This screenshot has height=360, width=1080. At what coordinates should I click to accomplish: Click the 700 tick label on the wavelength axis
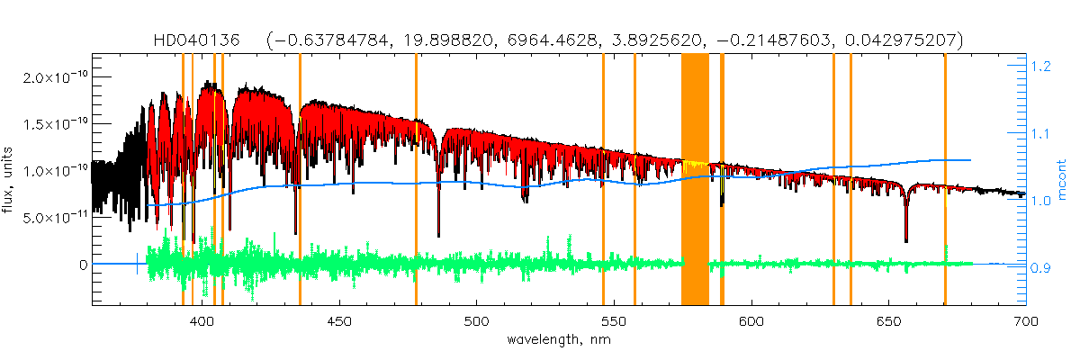(x=1025, y=321)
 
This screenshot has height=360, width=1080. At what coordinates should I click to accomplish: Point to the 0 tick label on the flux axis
(x=83, y=265)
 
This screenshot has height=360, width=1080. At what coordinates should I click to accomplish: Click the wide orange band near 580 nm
(x=695, y=180)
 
